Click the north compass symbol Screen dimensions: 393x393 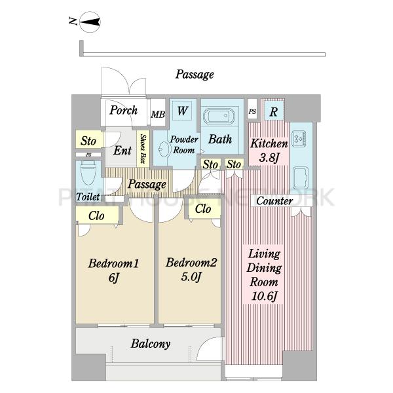pyautogui.click(x=90, y=22)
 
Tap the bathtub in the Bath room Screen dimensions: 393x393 pyautogui.click(x=219, y=116)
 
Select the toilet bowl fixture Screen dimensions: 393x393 pyautogui.click(x=88, y=173)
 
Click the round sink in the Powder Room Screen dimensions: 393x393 pyautogui.click(x=163, y=149)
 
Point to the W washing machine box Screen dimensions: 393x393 pyautogui.click(x=182, y=111)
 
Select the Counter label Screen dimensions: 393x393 pyautogui.click(x=274, y=201)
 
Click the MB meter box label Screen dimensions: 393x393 pyautogui.click(x=158, y=115)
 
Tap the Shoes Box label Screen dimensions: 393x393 pyautogui.click(x=143, y=149)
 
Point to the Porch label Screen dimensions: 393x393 pyautogui.click(x=124, y=110)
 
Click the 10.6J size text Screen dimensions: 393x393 pyautogui.click(x=264, y=296)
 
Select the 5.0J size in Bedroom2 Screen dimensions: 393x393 pyautogui.click(x=191, y=276)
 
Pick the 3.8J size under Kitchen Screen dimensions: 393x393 pyautogui.click(x=269, y=158)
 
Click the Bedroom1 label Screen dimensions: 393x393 pyautogui.click(x=113, y=263)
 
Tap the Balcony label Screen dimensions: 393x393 pyautogui.click(x=151, y=344)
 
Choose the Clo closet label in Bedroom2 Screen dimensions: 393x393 pyautogui.click(x=203, y=208)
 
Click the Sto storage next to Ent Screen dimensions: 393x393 pyautogui.click(x=88, y=141)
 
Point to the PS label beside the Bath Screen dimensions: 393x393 pyautogui.click(x=252, y=111)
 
